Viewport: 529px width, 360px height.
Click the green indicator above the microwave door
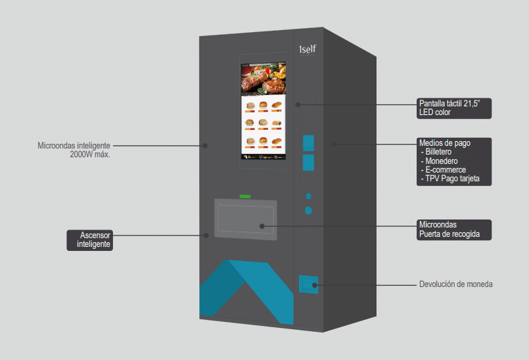click(x=245, y=196)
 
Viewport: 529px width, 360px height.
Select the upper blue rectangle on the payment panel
click(x=308, y=142)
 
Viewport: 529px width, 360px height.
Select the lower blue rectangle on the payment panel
click(x=308, y=162)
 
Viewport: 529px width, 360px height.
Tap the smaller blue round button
click(x=308, y=196)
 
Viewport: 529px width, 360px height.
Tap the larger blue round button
click(x=308, y=210)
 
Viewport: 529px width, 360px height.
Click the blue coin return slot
click(x=308, y=284)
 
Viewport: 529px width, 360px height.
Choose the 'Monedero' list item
click(x=441, y=161)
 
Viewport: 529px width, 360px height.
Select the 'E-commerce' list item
click(x=445, y=170)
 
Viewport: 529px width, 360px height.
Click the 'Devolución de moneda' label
click(x=455, y=284)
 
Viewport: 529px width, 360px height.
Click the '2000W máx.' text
click(x=90, y=154)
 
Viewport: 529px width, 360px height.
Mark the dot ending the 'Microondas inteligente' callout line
click(x=206, y=145)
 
